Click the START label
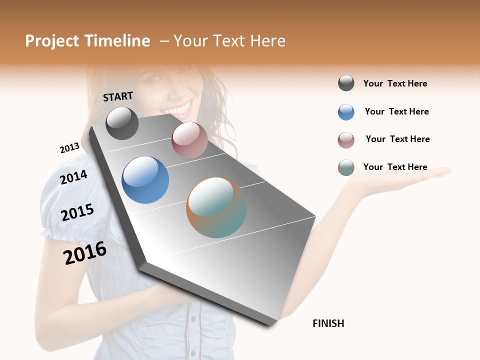118,96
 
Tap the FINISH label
328,323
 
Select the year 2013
69,148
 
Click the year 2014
73,177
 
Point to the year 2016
85,253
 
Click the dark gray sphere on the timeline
122,123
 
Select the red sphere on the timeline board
189,140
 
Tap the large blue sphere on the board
145,180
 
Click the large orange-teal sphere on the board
216,207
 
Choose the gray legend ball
346,83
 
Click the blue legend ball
346,112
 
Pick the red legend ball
346,140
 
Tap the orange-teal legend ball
346,167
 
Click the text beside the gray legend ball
395,83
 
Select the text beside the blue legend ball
396,111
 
